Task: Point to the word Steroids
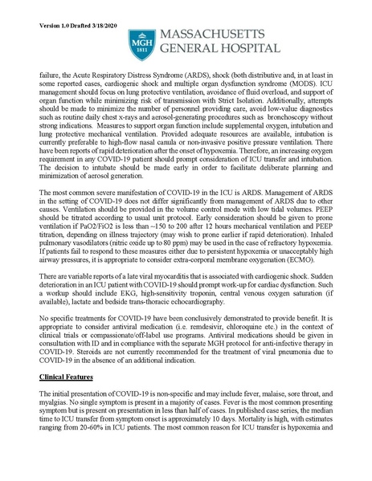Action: click(x=91, y=355)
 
